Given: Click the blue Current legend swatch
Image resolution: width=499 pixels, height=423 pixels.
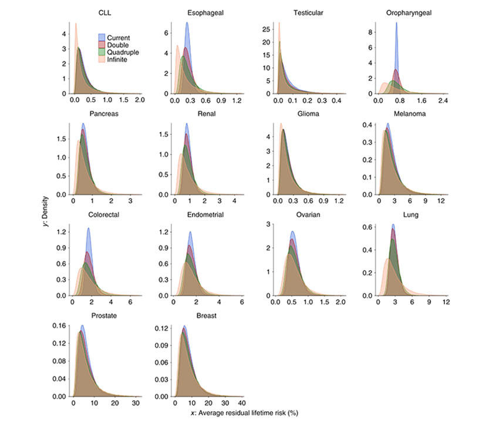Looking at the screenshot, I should click(x=102, y=38).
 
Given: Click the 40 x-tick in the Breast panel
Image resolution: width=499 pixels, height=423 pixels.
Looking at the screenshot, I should click(x=241, y=405).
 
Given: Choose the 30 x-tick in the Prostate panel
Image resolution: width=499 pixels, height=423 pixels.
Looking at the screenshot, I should click(x=136, y=405).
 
